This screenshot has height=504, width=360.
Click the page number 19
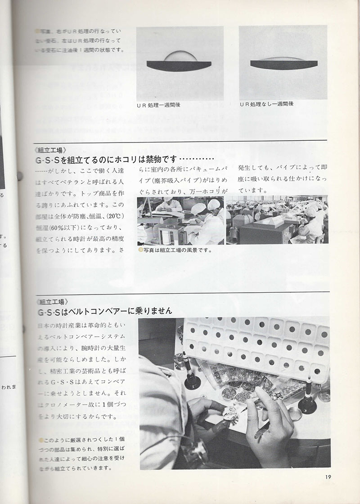coord(327,477)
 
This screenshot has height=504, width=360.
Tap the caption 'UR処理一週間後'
coord(160,105)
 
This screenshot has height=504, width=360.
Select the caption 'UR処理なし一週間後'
coord(266,104)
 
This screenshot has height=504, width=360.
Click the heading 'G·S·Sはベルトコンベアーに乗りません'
coord(105,311)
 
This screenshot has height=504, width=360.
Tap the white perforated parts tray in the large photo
coord(256,346)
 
